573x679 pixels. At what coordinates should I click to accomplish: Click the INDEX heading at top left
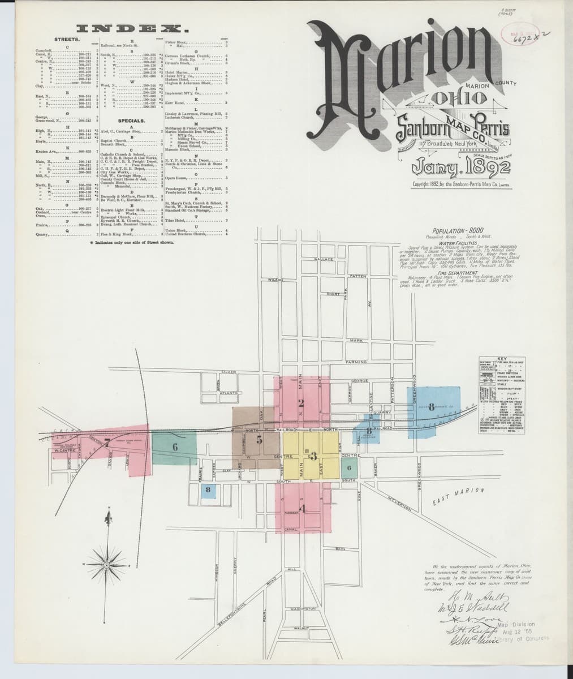point(133,28)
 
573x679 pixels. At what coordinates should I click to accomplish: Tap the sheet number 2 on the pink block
point(301,403)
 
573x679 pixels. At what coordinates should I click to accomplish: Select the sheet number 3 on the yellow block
point(312,457)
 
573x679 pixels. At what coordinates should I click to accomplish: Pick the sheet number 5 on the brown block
point(259,438)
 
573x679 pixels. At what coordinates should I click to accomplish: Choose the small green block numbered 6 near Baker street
point(350,468)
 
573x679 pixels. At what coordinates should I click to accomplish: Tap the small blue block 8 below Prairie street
point(209,489)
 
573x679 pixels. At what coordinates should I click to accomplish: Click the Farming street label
point(356,362)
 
